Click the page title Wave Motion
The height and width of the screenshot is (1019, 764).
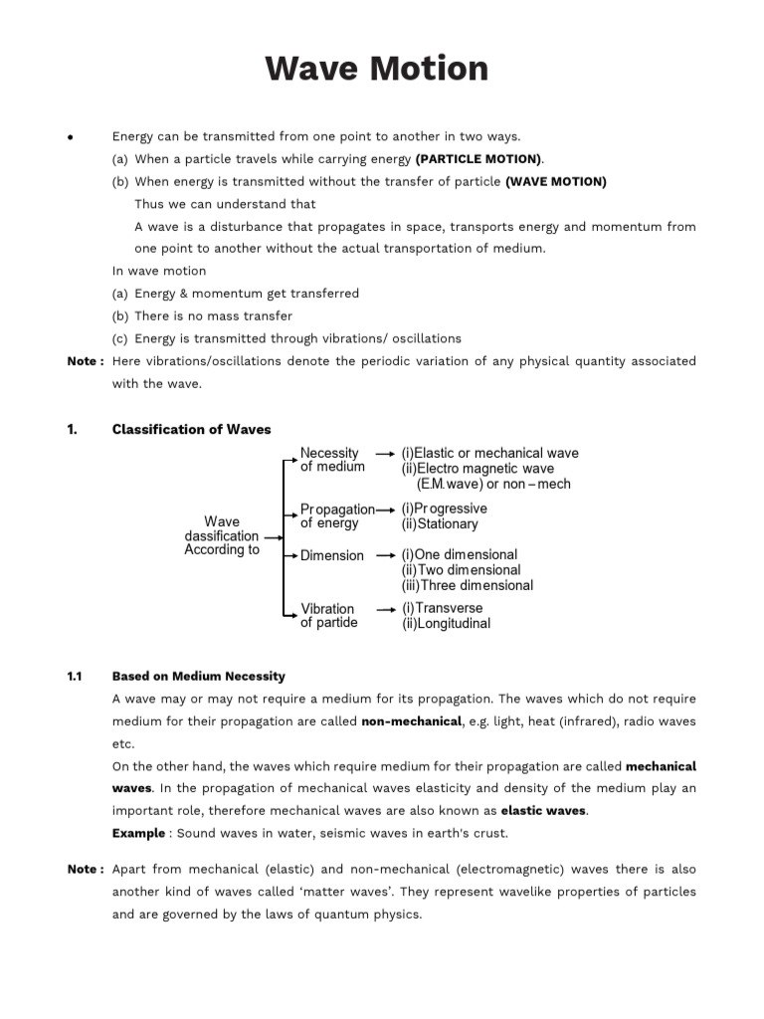tap(376, 70)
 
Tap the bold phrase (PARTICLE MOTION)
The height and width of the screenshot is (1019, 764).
tap(479, 159)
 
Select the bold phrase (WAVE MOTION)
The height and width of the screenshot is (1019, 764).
tap(555, 182)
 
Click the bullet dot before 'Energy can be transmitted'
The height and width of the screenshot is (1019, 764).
tap(71, 137)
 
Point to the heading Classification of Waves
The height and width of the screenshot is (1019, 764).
tap(191, 430)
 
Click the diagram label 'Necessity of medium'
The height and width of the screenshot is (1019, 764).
tap(332, 460)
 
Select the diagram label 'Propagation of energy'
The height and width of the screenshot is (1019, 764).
tap(336, 516)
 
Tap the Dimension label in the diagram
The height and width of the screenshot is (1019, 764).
tap(332, 556)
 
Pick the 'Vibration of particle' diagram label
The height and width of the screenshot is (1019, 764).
tap(328, 616)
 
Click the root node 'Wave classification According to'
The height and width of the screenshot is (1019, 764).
tap(221, 535)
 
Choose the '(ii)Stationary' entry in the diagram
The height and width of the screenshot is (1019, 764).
tap(440, 524)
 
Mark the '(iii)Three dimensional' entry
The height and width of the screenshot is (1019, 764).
tap(467, 586)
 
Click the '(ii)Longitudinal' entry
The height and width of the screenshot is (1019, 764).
tap(446, 624)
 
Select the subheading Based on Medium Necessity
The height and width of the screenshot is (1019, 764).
tap(198, 677)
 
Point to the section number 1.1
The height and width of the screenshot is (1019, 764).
tap(75, 677)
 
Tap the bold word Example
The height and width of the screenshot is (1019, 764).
tap(138, 833)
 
